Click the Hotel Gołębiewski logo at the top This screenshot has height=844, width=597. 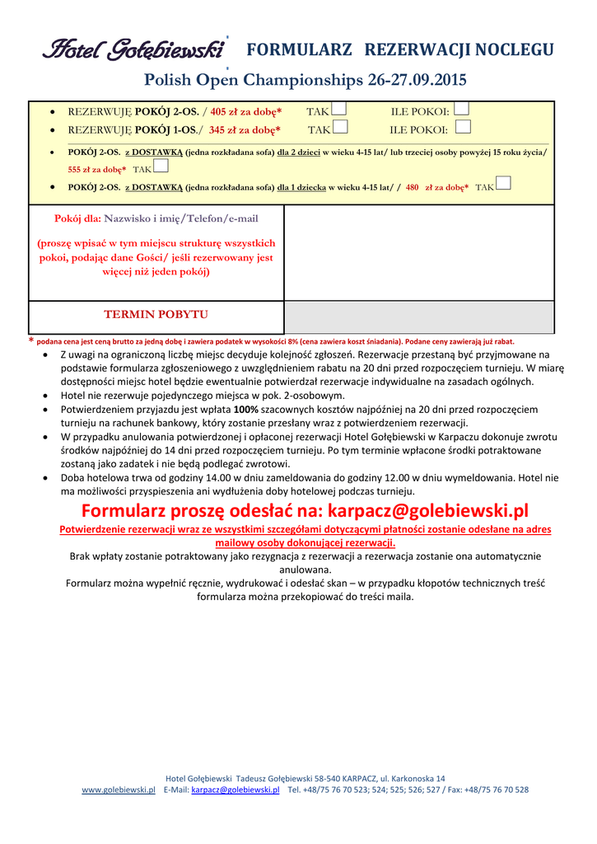click(134, 50)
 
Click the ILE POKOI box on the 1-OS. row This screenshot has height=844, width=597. click(463, 126)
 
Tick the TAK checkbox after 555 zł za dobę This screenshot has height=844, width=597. click(161, 166)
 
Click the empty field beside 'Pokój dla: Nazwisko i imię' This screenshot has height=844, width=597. click(418, 252)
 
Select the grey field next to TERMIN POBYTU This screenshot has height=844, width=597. click(418, 317)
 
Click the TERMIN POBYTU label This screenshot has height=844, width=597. click(156, 315)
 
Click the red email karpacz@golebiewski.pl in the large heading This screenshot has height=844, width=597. click(428, 511)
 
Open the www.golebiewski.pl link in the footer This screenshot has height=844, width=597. click(119, 790)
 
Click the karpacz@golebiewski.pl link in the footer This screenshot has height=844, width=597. click(236, 790)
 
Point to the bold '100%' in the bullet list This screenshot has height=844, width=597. click(247, 409)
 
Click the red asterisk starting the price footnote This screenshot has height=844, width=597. click(31, 340)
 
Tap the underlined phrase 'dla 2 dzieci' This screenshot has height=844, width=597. click(298, 152)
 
